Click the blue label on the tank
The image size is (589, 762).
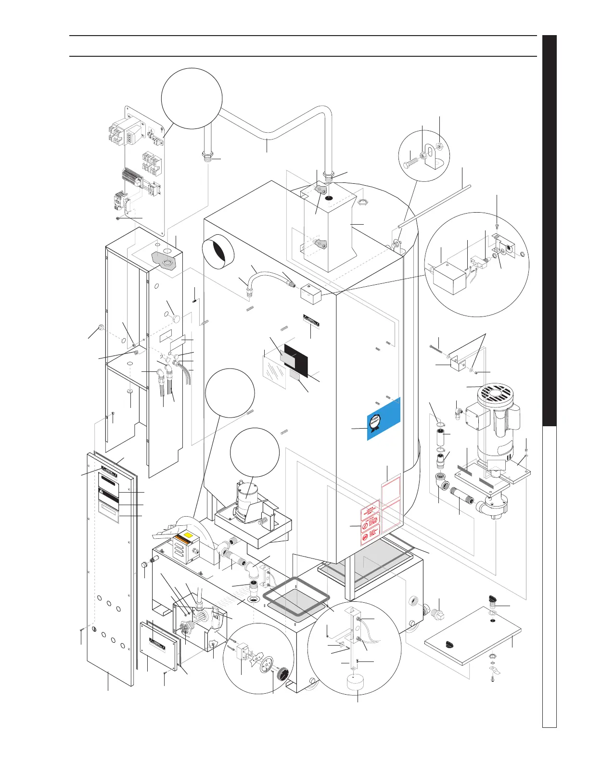click(384, 419)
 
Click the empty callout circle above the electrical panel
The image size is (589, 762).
click(192, 98)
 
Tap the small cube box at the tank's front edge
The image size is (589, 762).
click(310, 293)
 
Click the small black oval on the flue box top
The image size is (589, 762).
click(328, 198)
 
